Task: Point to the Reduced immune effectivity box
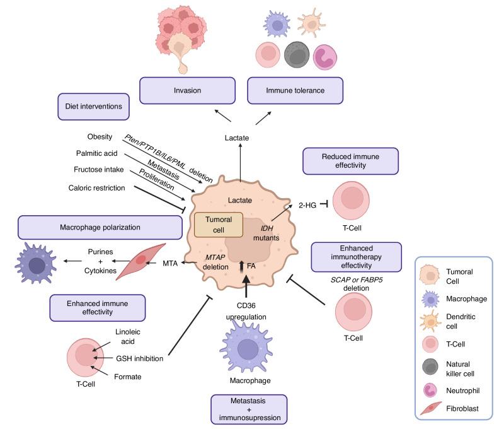[x=350, y=160]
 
